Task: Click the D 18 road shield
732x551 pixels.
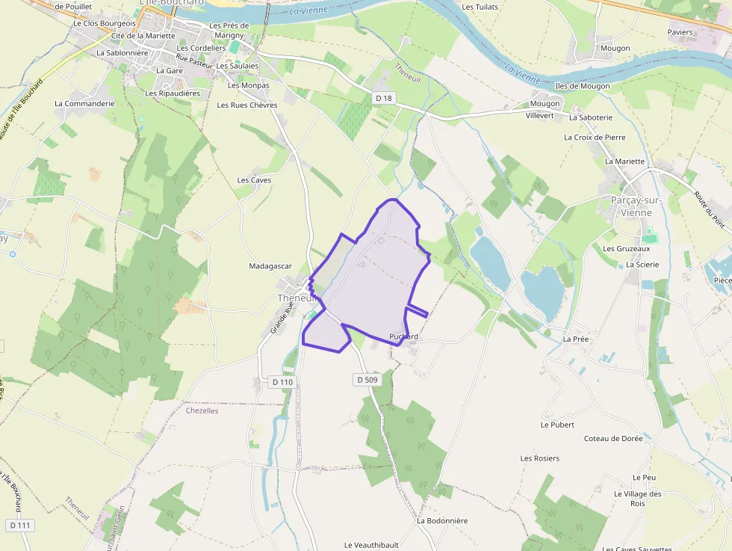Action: (x=384, y=98)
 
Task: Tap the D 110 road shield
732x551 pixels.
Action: (x=283, y=382)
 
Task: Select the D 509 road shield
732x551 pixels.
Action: (x=367, y=380)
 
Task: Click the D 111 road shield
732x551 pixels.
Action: (x=20, y=526)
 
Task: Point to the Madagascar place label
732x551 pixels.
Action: (x=270, y=266)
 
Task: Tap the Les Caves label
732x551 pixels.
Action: (x=254, y=180)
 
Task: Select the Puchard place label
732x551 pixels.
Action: (x=403, y=336)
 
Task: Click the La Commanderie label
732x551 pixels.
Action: (x=84, y=104)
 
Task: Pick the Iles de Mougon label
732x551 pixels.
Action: (x=583, y=86)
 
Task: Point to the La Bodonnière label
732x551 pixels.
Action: (x=442, y=520)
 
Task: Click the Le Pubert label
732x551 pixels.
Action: (x=557, y=425)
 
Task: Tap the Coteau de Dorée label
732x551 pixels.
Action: (x=613, y=439)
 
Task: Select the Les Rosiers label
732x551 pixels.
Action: (x=539, y=458)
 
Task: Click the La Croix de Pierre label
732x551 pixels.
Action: (x=595, y=138)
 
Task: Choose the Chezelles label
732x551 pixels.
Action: (x=202, y=410)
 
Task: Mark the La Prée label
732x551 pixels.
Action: (x=576, y=339)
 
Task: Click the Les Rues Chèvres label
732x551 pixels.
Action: (x=247, y=105)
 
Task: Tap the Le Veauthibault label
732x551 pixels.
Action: (x=371, y=545)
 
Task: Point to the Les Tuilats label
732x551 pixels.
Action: (x=480, y=7)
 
